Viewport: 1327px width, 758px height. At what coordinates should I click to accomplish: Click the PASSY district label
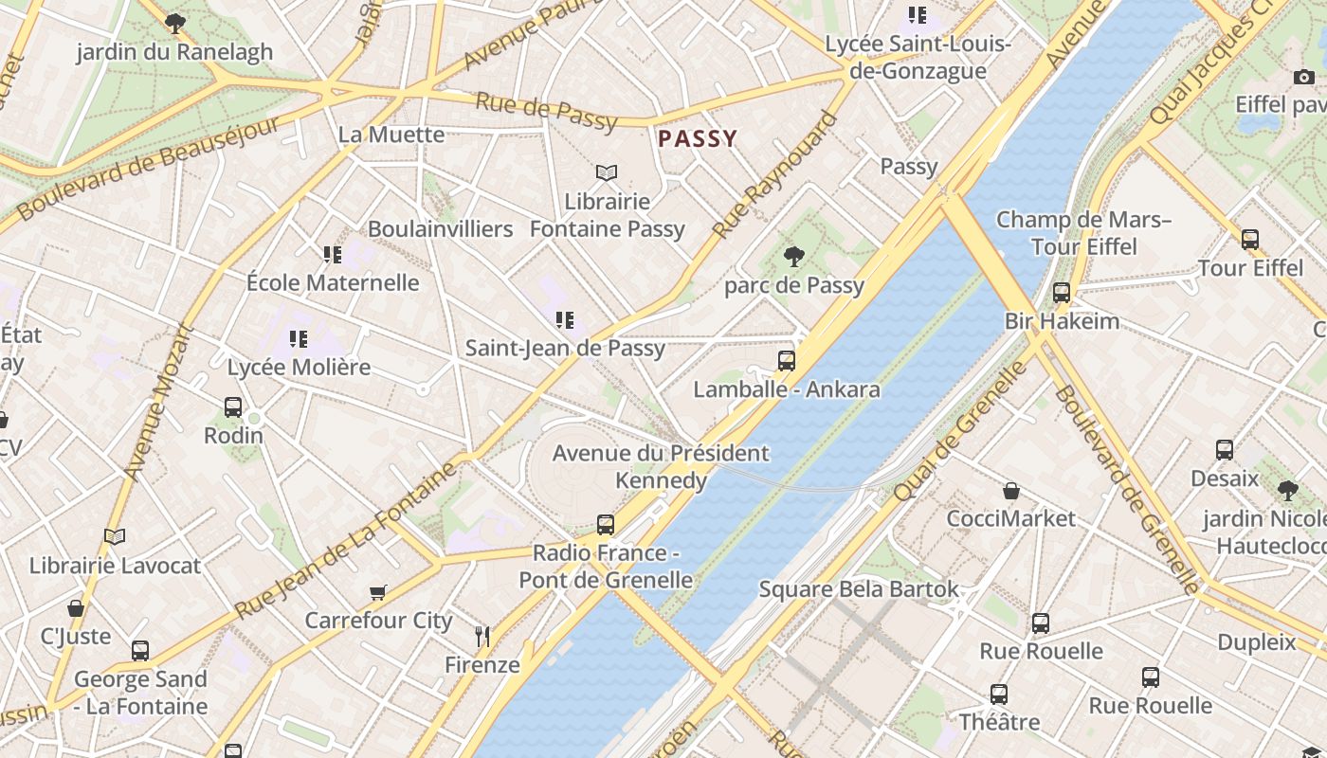click(x=698, y=139)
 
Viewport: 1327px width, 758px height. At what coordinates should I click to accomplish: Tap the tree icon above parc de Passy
click(x=794, y=256)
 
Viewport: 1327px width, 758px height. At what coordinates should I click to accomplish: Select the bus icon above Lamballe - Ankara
click(x=786, y=360)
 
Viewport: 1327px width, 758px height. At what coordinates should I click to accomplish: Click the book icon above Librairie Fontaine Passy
click(x=607, y=172)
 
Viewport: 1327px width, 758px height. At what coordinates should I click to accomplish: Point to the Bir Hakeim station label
click(x=1062, y=321)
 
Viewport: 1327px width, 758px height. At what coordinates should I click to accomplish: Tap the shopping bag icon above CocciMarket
click(x=1011, y=491)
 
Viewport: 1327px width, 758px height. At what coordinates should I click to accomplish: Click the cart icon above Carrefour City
click(x=378, y=592)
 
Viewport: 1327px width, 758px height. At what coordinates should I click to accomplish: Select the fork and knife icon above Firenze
click(x=482, y=636)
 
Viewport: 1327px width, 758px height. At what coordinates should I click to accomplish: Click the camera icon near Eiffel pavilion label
click(x=1304, y=77)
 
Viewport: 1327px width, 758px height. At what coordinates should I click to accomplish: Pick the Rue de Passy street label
click(x=546, y=112)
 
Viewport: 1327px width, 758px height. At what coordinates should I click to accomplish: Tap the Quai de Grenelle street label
click(x=959, y=431)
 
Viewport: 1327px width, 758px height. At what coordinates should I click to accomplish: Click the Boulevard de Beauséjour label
click(x=149, y=168)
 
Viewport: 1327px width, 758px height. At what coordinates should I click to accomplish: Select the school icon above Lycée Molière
click(x=299, y=338)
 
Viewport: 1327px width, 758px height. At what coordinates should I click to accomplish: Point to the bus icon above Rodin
click(x=233, y=407)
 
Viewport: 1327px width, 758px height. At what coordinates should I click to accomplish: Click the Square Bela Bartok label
click(x=859, y=589)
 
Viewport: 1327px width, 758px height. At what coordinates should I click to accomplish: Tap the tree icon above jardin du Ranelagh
click(x=174, y=24)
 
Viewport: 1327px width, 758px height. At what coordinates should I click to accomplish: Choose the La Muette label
click(x=391, y=135)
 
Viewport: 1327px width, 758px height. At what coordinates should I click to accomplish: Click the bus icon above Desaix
click(x=1225, y=450)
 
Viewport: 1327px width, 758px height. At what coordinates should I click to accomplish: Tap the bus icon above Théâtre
click(x=999, y=695)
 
